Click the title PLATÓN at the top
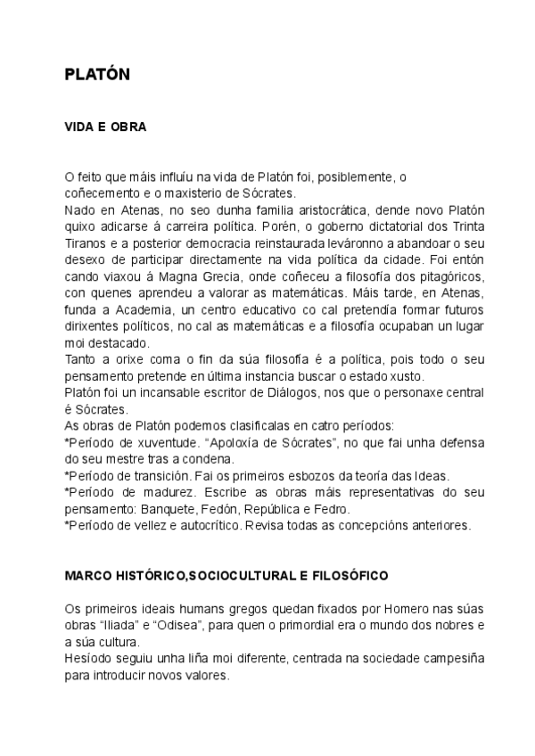pyautogui.click(x=98, y=75)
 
